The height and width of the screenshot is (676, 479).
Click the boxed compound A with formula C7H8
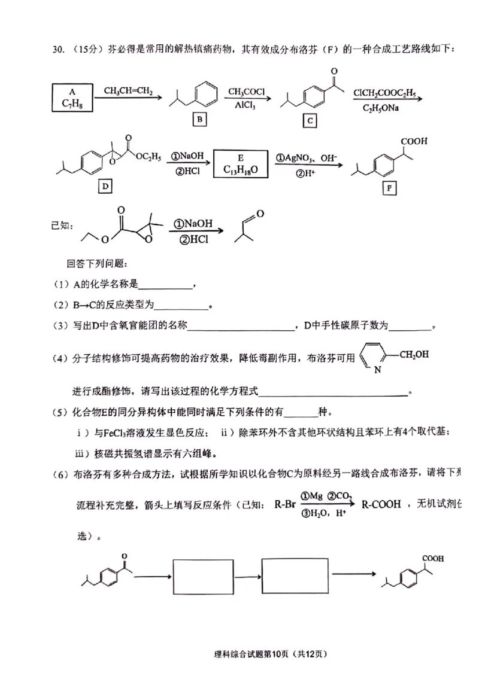pyautogui.click(x=72, y=98)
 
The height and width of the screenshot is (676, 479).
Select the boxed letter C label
pyautogui.click(x=310, y=121)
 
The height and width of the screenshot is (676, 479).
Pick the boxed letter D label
pyautogui.click(x=105, y=186)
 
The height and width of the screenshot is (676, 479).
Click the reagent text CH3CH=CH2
pyautogui.click(x=128, y=91)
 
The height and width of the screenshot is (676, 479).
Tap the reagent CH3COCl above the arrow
pyautogui.click(x=246, y=92)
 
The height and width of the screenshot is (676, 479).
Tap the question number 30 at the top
pyautogui.click(x=59, y=49)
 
